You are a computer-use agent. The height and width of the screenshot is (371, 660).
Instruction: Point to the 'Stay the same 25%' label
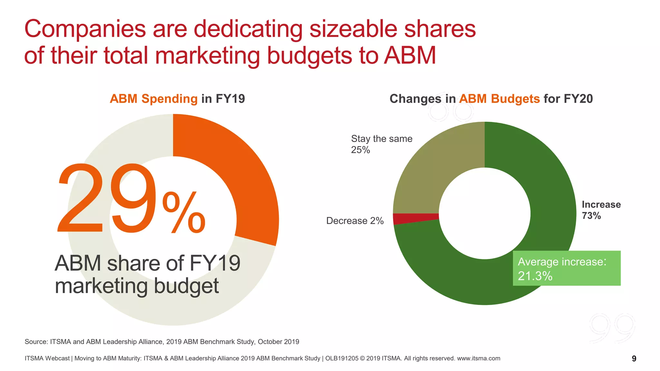[382, 144]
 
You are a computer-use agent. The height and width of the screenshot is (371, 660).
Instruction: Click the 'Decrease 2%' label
[355, 221]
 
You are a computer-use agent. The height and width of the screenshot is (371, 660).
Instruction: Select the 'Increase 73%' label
[601, 210]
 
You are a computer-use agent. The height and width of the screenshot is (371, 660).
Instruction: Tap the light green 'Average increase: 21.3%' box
[567, 268]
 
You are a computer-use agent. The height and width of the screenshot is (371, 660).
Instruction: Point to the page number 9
[634, 359]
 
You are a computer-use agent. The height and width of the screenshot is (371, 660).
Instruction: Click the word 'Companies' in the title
[85, 29]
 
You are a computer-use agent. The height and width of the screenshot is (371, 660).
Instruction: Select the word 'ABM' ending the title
[410, 55]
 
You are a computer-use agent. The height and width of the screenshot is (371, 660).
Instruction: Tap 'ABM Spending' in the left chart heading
[153, 99]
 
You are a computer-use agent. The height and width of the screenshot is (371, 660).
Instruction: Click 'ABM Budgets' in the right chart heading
[499, 99]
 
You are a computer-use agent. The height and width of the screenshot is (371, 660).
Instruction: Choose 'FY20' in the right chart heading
[578, 99]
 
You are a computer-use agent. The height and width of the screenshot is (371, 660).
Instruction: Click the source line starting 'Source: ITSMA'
[162, 342]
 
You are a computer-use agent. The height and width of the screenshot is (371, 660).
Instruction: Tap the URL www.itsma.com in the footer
[479, 358]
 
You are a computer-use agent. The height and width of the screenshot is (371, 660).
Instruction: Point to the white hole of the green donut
[485, 213]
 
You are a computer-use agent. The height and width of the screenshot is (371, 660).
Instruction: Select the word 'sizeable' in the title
[353, 29]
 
